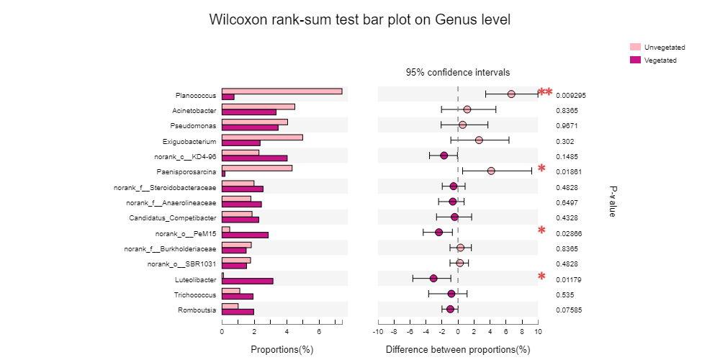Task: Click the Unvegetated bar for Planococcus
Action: click(x=282, y=91)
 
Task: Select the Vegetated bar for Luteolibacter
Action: click(x=247, y=281)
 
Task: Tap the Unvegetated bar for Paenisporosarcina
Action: click(x=256, y=168)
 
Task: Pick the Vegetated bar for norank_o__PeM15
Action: click(x=245, y=235)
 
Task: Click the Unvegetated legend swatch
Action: click(x=635, y=47)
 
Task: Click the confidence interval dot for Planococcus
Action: click(x=511, y=94)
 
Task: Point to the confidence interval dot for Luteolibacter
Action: click(x=433, y=278)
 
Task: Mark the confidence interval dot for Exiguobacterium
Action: click(x=479, y=140)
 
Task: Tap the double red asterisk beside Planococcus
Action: click(x=545, y=92)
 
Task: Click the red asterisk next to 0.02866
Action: click(x=541, y=231)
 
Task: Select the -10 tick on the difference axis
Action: click(x=378, y=331)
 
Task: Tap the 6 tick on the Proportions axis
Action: click(x=319, y=331)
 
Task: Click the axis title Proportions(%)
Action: click(x=282, y=349)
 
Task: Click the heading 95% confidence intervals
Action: click(x=458, y=72)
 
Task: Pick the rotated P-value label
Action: click(x=613, y=201)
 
